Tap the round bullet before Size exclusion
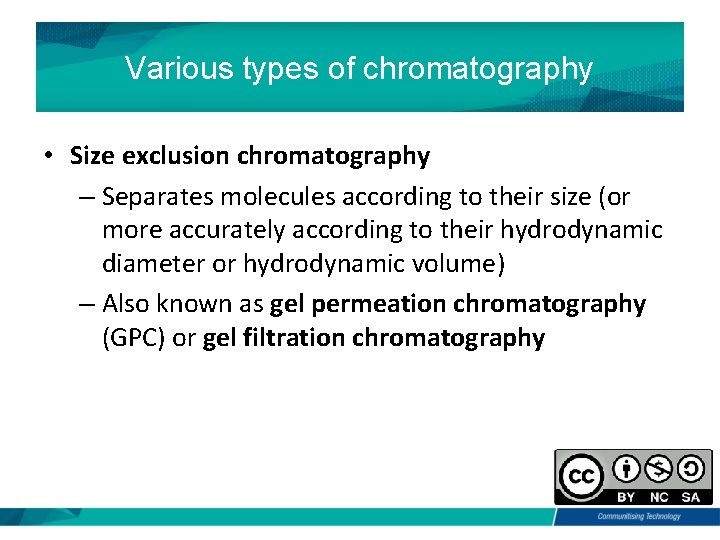pos(47,157)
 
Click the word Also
pos(127,303)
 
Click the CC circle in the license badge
pos(583,476)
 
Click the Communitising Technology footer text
pos(639,516)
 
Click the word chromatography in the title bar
pos(478,69)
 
